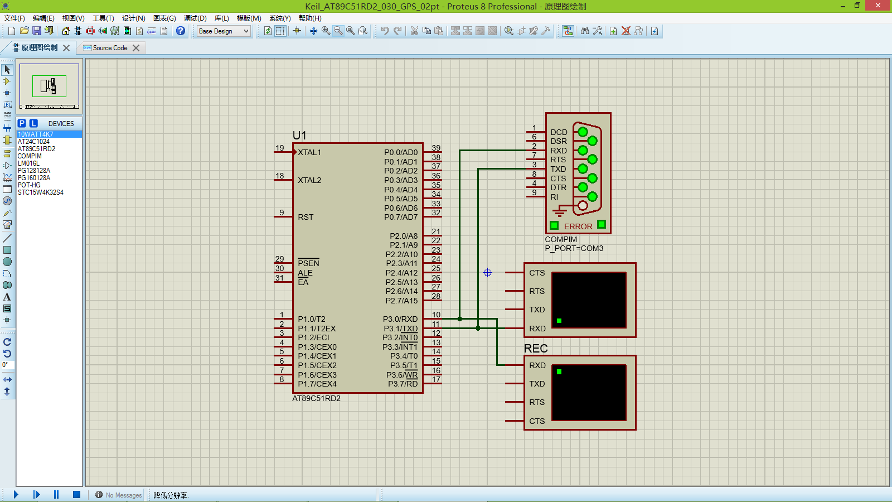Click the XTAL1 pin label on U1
click(x=309, y=152)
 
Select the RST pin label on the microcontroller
click(x=306, y=217)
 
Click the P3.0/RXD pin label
click(x=400, y=319)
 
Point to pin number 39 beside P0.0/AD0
click(x=436, y=148)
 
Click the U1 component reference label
click(x=299, y=136)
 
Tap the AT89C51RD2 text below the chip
click(x=316, y=398)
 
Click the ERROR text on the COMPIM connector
click(x=578, y=226)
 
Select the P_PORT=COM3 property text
click(x=574, y=248)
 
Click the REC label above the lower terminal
click(x=536, y=349)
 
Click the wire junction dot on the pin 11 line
click(x=478, y=328)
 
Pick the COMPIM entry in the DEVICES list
click(x=30, y=156)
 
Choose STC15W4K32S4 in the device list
click(x=41, y=192)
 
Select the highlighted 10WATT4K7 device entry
click(x=36, y=134)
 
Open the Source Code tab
click(x=110, y=48)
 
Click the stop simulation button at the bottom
click(x=76, y=494)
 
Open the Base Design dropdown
click(x=224, y=31)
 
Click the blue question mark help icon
click(x=181, y=31)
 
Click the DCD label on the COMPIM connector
click(x=559, y=132)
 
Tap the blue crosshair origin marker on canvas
click(x=487, y=272)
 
